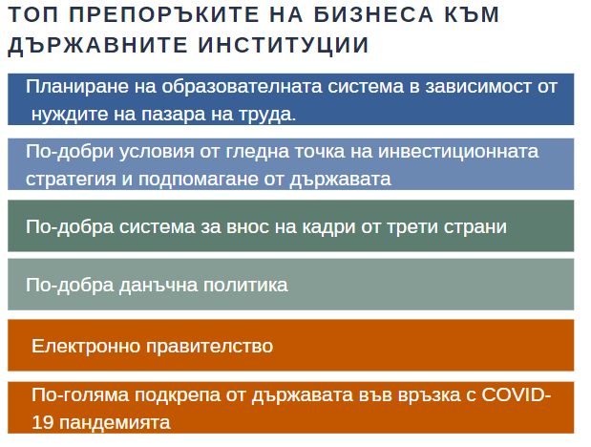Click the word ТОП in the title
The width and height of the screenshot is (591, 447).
coord(33,14)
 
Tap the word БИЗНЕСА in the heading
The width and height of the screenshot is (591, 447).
coord(373,14)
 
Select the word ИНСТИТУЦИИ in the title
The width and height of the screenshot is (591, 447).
coord(283,45)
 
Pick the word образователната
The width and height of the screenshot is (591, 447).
coord(242,86)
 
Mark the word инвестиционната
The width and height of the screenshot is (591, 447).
coord(458,152)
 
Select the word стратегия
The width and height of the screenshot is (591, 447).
coord(71,180)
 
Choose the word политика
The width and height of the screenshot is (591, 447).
coord(245,285)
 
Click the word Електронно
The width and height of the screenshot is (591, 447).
coord(86,346)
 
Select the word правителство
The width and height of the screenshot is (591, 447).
coord(209,346)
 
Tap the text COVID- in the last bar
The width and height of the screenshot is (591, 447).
coord(517,394)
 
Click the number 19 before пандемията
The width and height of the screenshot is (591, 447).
coord(43,422)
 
